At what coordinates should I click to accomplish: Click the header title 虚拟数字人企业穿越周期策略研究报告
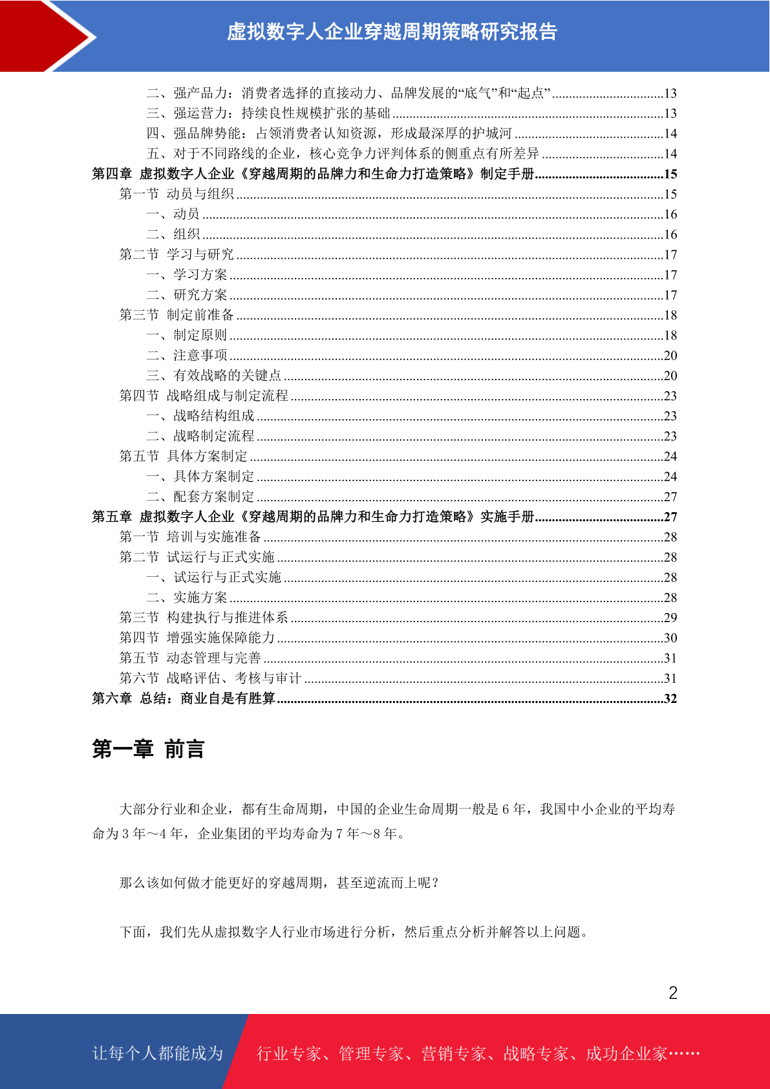pos(392,32)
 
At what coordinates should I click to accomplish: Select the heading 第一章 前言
pos(148,749)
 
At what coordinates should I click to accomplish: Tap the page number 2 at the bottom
pos(673,993)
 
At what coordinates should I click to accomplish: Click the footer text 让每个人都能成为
pos(158,1053)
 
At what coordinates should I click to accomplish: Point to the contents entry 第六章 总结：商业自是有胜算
pos(184,698)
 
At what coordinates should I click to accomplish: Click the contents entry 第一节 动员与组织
pos(176,194)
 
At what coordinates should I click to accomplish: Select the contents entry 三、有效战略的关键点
pos(214,375)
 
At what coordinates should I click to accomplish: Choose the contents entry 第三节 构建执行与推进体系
pos(204,618)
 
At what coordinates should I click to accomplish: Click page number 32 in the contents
pos(670,698)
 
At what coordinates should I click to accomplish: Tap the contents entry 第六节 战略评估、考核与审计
pos(211,678)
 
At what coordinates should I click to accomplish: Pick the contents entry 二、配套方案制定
pos(200,497)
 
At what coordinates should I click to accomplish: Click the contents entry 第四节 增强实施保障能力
pos(197,638)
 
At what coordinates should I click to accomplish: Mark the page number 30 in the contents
pos(670,638)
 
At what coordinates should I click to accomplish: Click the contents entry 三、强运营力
pos(268,113)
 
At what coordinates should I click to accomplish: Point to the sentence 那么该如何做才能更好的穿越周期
pos(279,883)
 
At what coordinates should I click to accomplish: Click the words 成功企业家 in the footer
pos(626,1053)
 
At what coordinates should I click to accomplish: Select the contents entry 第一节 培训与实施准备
pos(190,537)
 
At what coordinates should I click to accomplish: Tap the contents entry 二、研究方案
pos(187,295)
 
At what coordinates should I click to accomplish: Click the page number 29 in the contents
pos(670,618)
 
